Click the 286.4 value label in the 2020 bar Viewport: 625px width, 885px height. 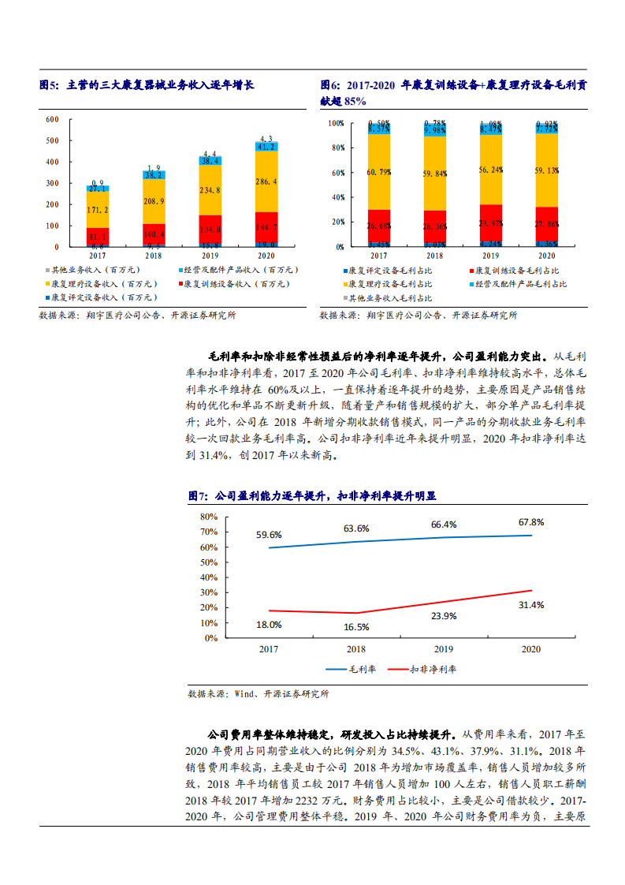(x=266, y=181)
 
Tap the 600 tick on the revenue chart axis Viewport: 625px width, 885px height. (x=53, y=120)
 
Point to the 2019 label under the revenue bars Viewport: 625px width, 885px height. (x=210, y=256)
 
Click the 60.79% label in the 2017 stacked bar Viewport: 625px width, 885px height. (x=378, y=173)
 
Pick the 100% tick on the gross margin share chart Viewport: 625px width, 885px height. (x=336, y=124)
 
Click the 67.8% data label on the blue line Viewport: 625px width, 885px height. (x=531, y=521)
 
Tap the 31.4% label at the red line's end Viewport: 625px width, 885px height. (x=531, y=604)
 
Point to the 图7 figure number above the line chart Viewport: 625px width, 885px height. (x=198, y=496)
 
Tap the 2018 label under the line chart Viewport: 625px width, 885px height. (x=357, y=648)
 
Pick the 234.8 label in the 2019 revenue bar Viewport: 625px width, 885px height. (x=210, y=190)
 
